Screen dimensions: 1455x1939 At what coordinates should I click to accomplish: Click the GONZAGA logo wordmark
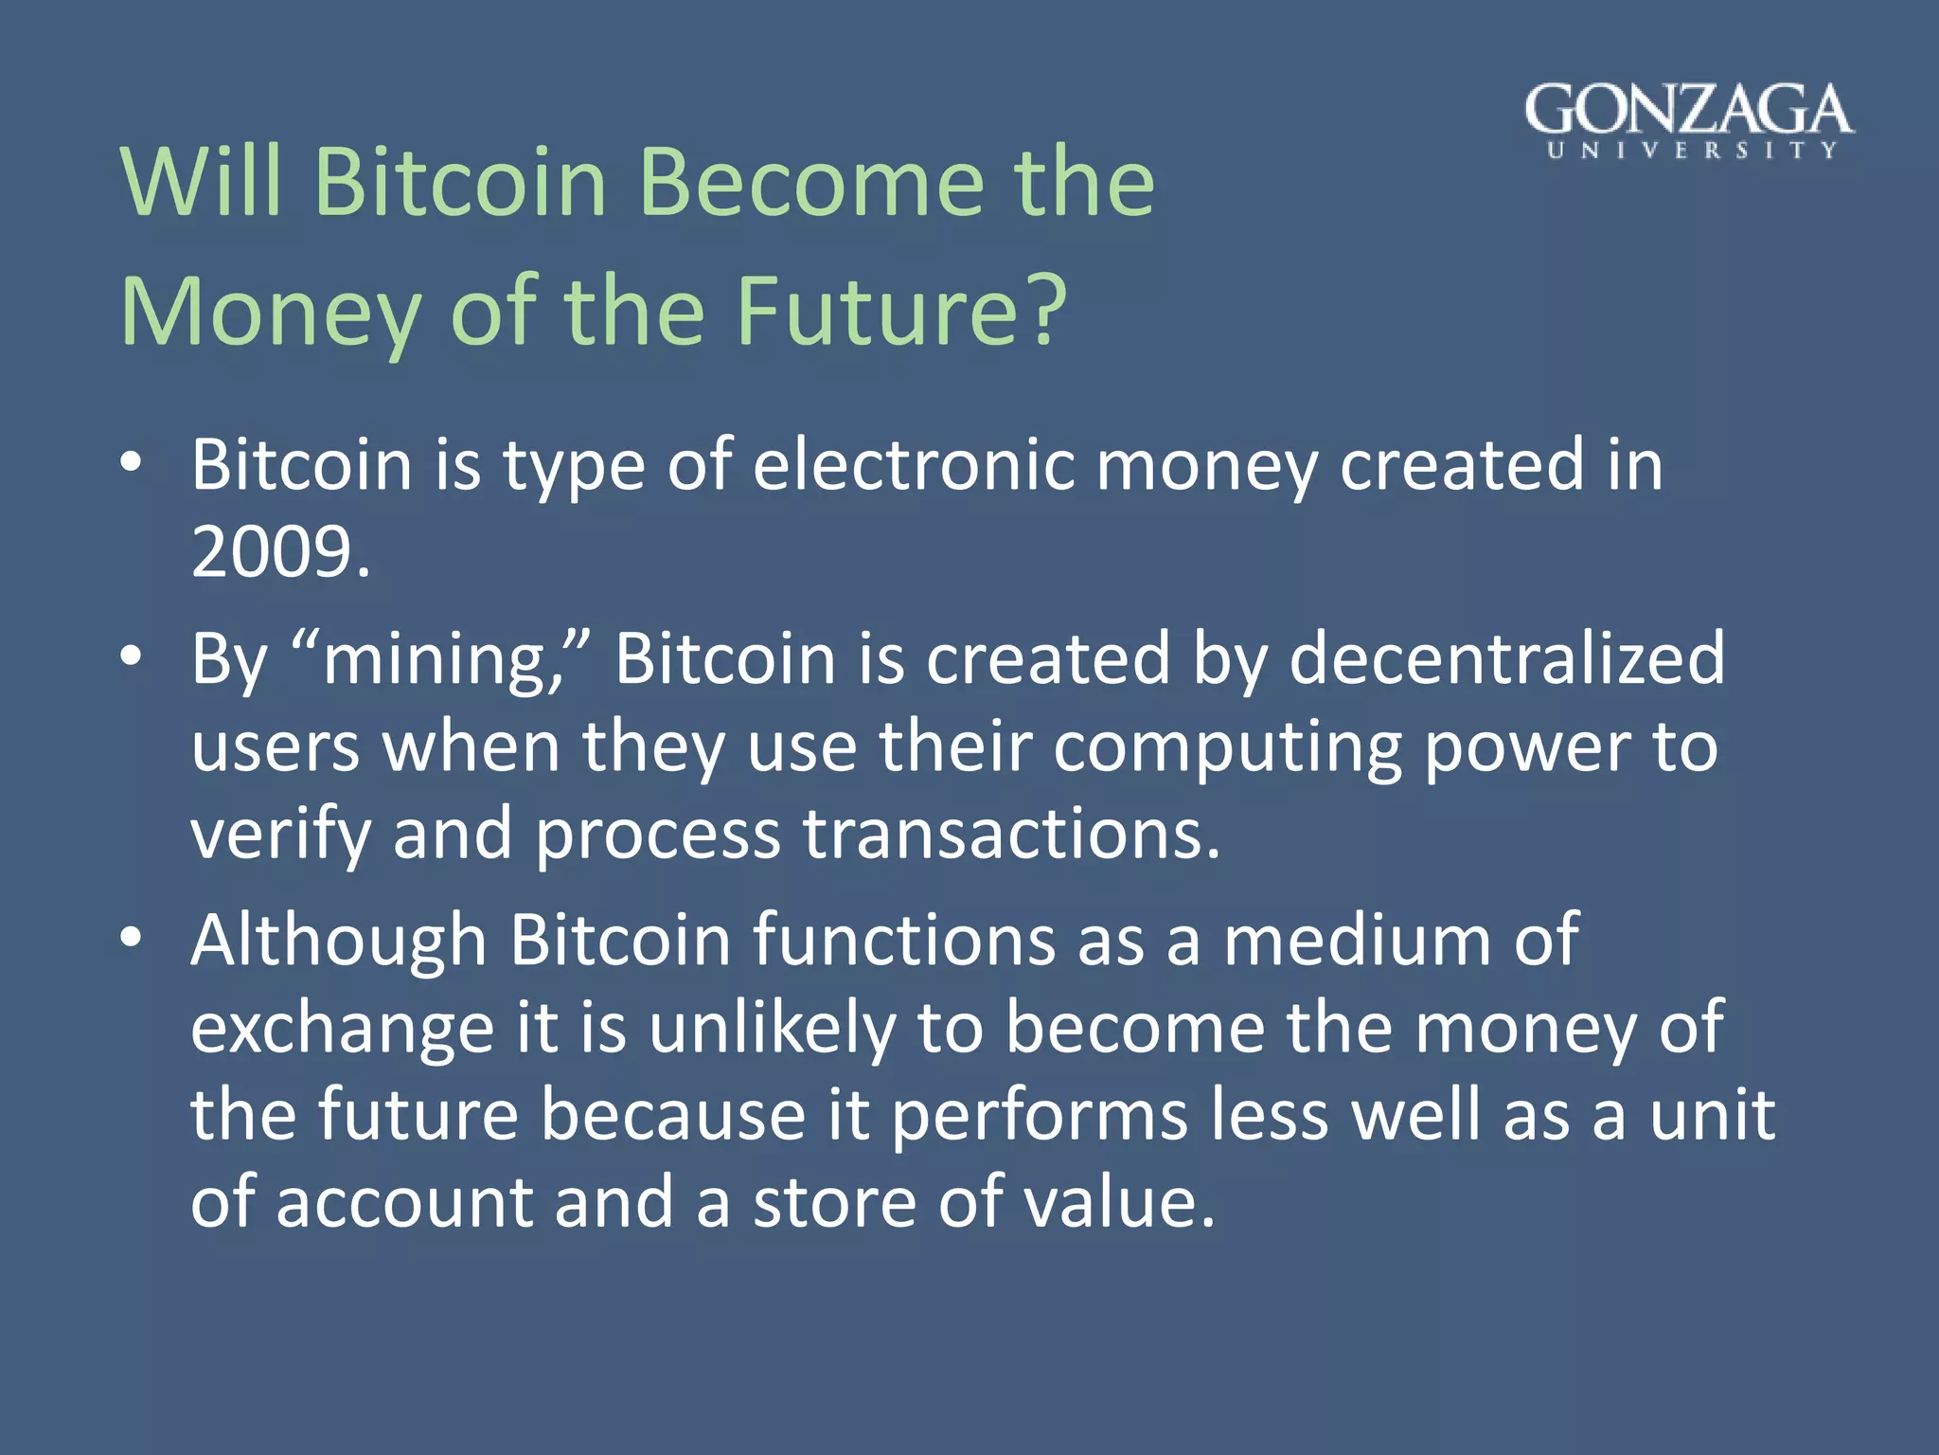tap(1689, 110)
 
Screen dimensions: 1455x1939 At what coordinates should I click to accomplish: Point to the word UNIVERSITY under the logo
tap(1691, 151)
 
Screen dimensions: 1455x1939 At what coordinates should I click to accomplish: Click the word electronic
tap(913, 464)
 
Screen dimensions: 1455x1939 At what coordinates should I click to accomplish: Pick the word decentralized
tap(1507, 658)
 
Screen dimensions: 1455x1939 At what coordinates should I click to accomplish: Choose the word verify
tap(280, 835)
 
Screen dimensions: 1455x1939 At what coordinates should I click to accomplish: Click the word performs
tap(1040, 1115)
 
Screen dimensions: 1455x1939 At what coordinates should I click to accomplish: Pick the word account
tap(405, 1202)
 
